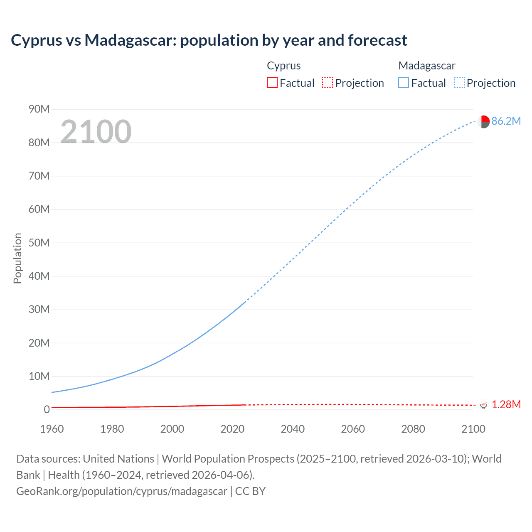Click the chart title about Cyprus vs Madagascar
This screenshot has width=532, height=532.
tap(209, 40)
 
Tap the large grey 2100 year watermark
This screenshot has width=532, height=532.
tap(96, 132)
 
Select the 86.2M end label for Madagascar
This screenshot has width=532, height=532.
tap(506, 121)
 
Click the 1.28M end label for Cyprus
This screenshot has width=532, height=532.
tap(506, 405)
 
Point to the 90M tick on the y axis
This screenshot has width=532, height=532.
tap(39, 109)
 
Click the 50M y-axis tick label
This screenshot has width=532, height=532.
tap(39, 243)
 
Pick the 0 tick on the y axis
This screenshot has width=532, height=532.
tap(47, 410)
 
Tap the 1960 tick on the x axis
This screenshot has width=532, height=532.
tap(52, 429)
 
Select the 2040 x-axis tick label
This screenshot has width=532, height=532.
tap(293, 429)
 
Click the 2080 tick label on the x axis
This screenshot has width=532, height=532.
tap(413, 429)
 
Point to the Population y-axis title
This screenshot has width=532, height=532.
tap(17, 258)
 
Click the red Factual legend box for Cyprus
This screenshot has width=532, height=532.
tap(272, 83)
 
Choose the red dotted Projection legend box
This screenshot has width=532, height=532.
tap(328, 83)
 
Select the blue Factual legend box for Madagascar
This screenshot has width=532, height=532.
tap(403, 83)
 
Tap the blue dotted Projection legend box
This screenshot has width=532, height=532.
tap(459, 83)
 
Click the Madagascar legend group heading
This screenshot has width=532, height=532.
tap(427, 66)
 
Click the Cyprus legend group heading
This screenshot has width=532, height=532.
tap(283, 66)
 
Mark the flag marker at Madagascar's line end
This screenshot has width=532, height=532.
tap(483, 122)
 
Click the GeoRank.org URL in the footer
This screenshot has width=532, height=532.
tap(122, 491)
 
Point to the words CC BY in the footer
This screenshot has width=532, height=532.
tap(250, 491)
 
